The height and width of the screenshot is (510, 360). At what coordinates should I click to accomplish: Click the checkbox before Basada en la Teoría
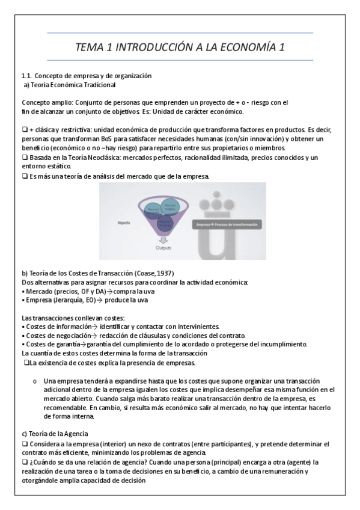click(x=24, y=158)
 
